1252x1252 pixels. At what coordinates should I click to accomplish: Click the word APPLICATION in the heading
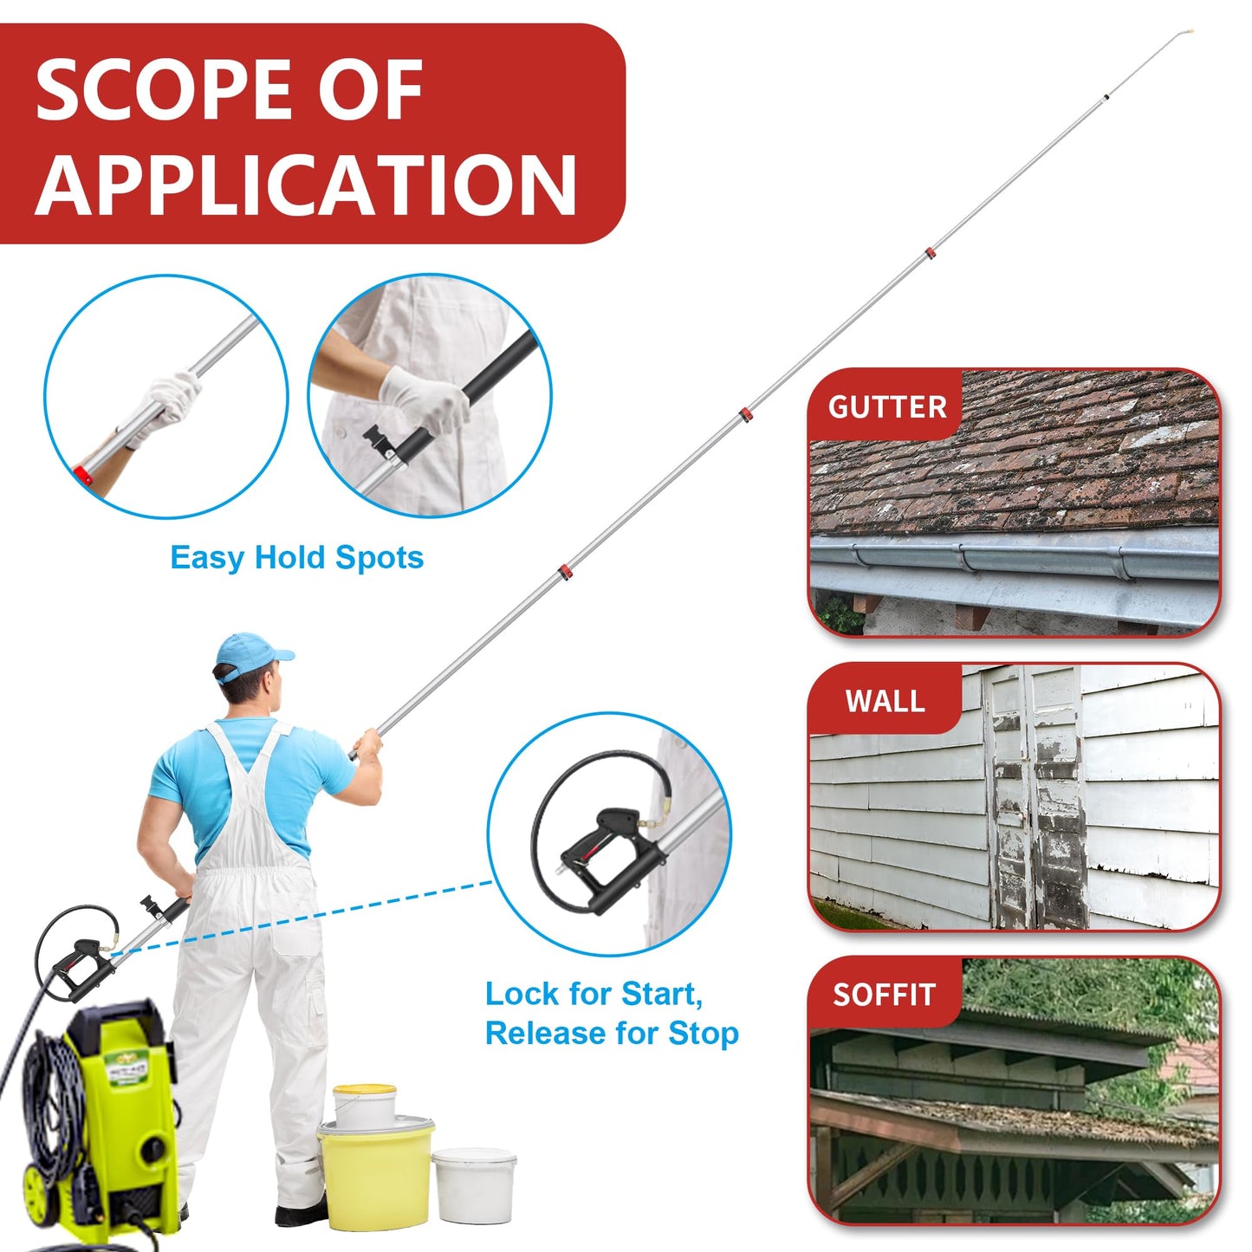pos(305,185)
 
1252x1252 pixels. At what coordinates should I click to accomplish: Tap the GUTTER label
pos(886,406)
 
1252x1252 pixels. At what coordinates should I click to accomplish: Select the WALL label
pos(885,700)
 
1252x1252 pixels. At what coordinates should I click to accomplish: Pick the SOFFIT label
pos(884,995)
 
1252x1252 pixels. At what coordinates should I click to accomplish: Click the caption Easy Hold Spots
pos(296,557)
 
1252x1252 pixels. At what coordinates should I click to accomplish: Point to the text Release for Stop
pos(611,1033)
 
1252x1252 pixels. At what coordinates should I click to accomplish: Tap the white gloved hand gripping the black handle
pos(426,399)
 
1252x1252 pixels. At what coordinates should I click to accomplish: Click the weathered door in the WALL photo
pos(1037,797)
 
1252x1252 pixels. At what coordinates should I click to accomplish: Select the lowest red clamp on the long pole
pos(564,573)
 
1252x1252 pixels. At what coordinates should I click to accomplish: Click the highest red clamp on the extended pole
pos(929,254)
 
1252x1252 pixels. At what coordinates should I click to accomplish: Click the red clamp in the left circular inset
pos(83,475)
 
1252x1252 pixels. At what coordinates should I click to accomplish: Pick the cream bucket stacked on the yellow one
pos(365,1105)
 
